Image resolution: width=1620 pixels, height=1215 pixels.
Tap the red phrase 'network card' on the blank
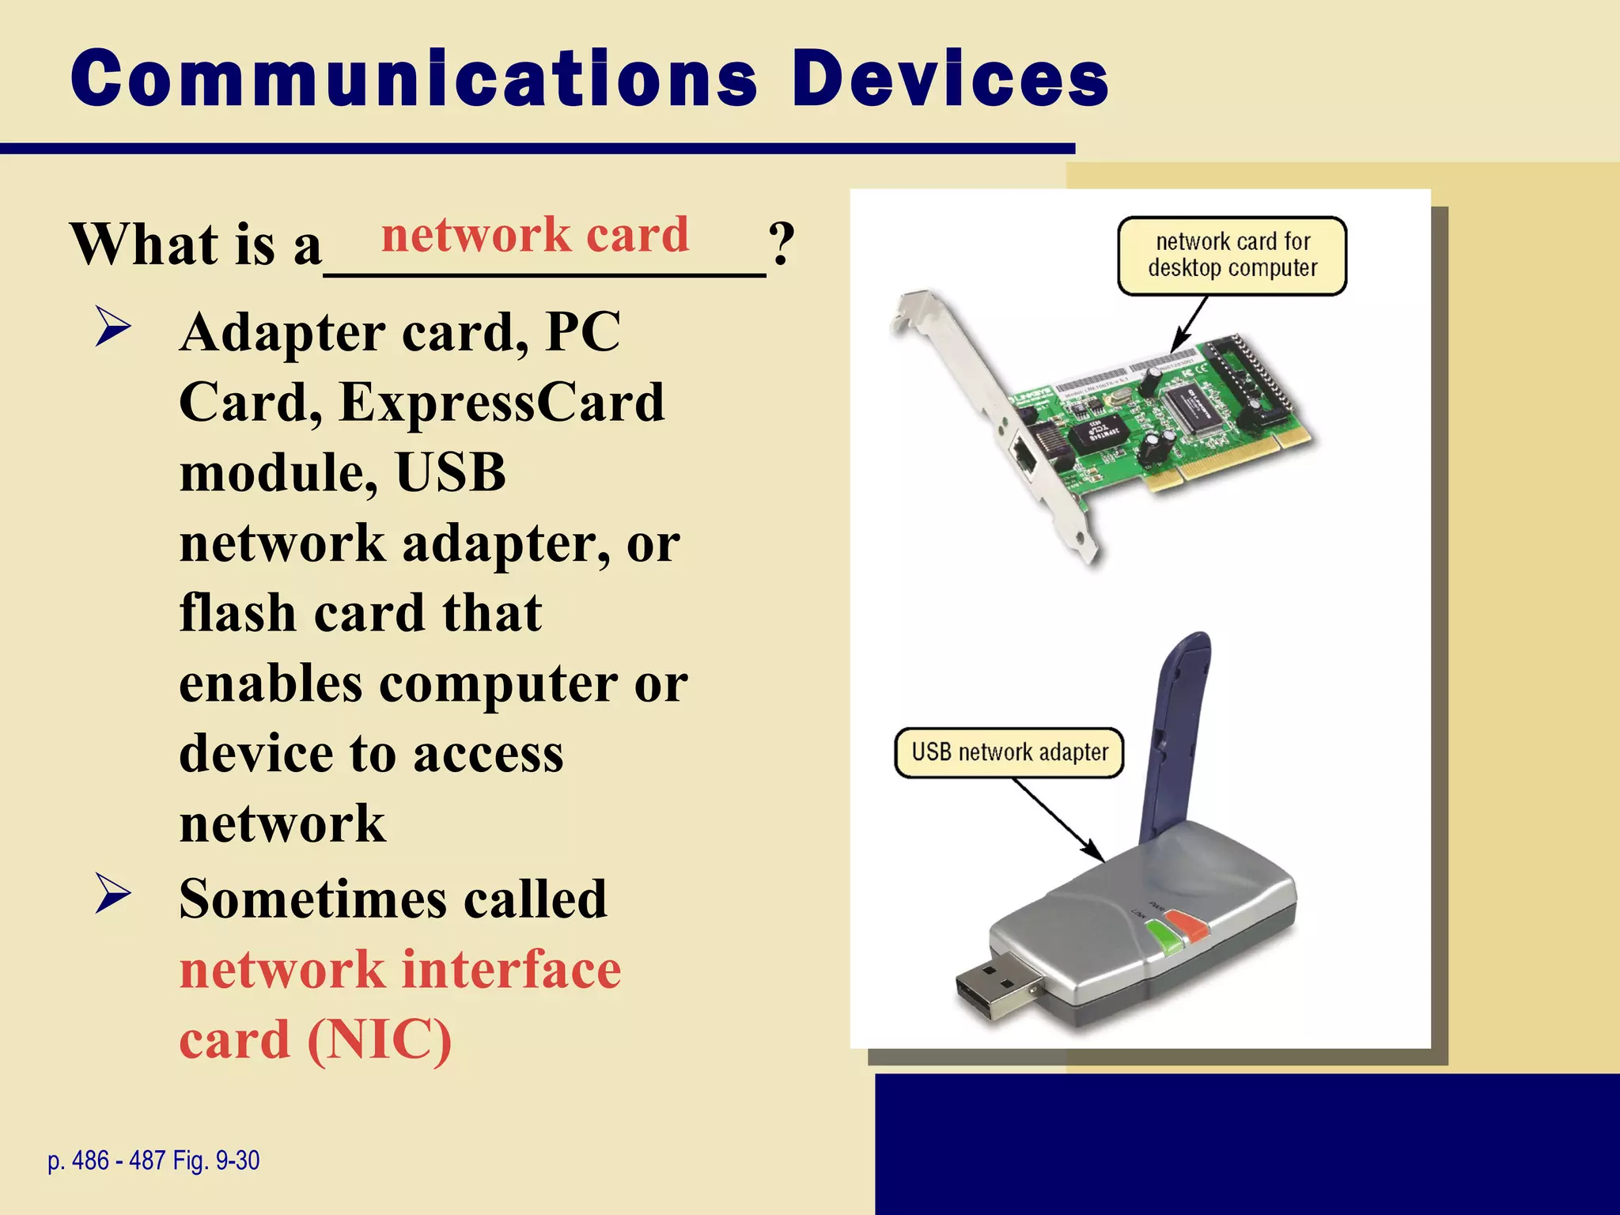click(535, 235)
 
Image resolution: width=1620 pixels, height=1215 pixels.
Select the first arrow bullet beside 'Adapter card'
click(113, 327)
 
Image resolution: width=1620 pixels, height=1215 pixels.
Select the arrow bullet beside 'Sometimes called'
click(113, 893)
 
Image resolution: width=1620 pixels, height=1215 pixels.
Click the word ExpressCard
click(502, 403)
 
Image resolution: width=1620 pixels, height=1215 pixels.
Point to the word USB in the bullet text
click(450, 473)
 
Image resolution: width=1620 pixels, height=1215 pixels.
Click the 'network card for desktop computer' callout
click(1232, 255)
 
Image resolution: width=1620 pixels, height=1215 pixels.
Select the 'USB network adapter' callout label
click(1009, 752)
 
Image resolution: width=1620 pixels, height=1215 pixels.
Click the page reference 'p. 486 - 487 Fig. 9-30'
click(153, 1160)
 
